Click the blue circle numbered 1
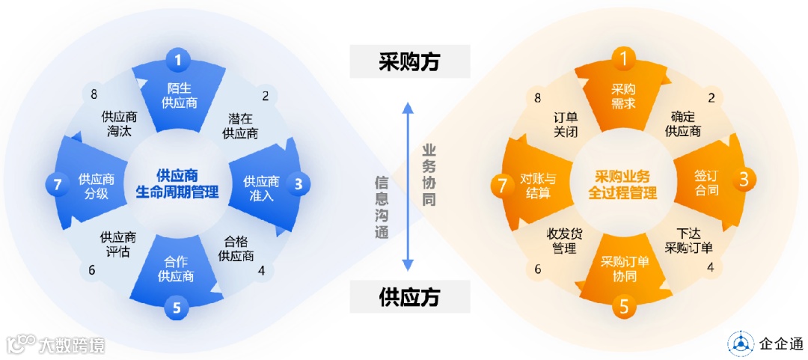[x=177, y=59]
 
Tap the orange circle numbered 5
[x=625, y=307]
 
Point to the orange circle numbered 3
[x=743, y=180]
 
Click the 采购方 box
[x=409, y=61]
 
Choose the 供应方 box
[x=409, y=296]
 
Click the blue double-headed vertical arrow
[x=408, y=186]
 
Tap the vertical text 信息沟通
[x=382, y=207]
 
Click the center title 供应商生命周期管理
[x=177, y=183]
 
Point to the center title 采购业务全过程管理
[x=622, y=184]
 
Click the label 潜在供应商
[x=240, y=126]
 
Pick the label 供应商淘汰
[x=120, y=125]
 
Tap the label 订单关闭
[x=566, y=125]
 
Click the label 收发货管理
[x=564, y=242]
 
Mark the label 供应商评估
[x=118, y=245]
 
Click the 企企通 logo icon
[x=741, y=344]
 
